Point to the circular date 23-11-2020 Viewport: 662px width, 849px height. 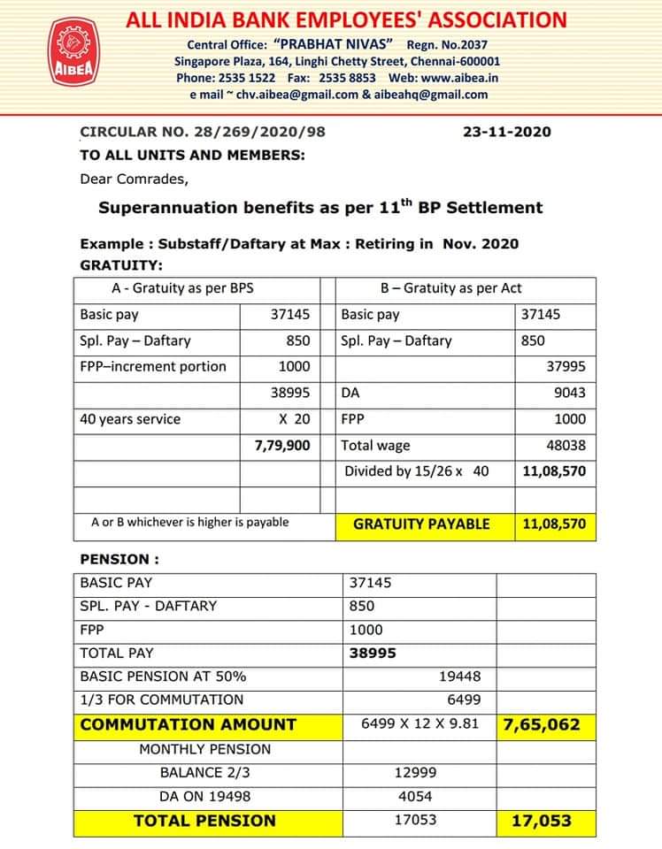(x=506, y=132)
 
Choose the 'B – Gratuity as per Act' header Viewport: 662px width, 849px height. (x=450, y=287)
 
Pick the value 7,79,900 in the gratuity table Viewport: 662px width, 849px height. (x=282, y=446)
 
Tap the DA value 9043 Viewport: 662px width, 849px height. (x=569, y=393)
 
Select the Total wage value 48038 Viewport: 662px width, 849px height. (x=566, y=446)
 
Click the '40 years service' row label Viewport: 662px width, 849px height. (x=130, y=419)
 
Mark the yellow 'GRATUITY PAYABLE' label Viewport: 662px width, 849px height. (x=421, y=524)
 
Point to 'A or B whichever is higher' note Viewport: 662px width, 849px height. (x=189, y=522)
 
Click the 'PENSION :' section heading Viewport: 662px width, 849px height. (x=119, y=559)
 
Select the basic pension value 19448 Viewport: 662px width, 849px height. (x=459, y=677)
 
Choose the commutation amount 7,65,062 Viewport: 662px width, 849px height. (x=542, y=724)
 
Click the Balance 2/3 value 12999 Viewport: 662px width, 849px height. (x=415, y=772)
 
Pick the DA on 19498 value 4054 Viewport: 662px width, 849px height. (x=416, y=796)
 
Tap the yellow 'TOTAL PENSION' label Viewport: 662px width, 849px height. (x=204, y=821)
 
